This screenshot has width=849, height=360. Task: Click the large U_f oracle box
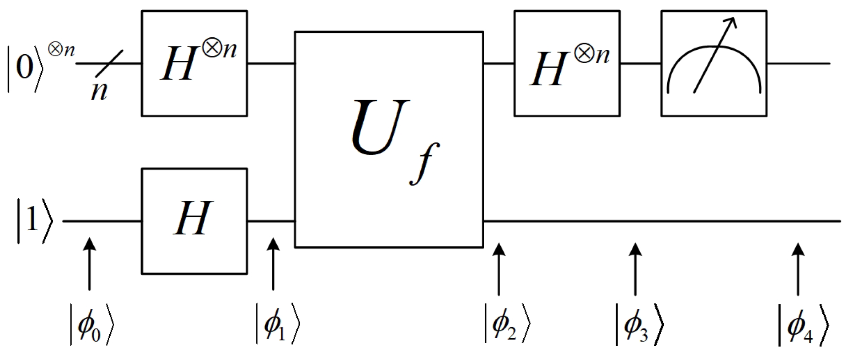click(389, 139)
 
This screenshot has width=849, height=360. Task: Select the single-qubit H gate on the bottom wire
click(194, 221)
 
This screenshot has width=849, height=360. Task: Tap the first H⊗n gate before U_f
click(194, 64)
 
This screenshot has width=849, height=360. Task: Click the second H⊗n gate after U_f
click(566, 64)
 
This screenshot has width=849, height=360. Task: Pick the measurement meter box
click(713, 64)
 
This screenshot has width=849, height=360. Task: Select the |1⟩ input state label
click(33, 221)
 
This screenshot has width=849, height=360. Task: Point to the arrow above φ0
click(90, 264)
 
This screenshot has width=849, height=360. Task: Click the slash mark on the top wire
click(108, 64)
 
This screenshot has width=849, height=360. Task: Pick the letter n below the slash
click(99, 91)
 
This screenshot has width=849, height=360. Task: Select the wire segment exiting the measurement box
click(798, 64)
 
